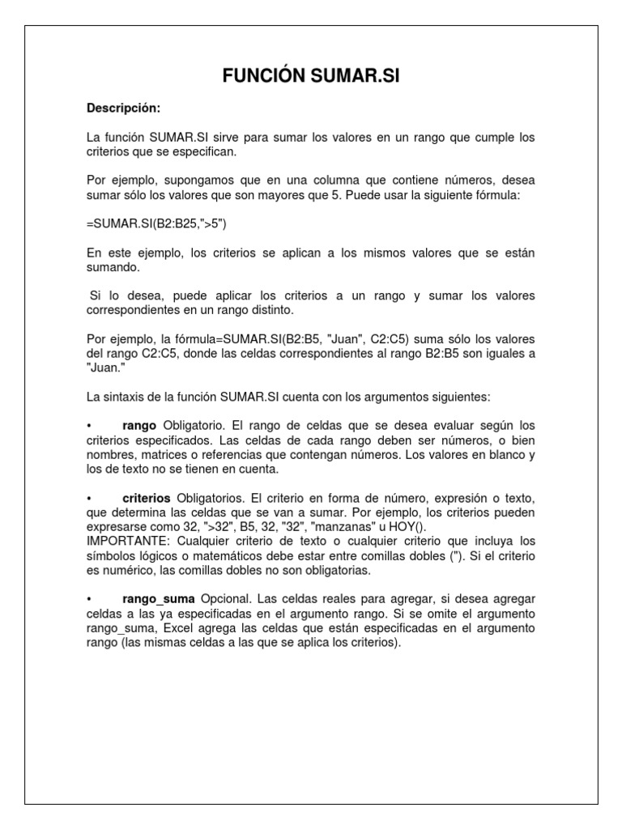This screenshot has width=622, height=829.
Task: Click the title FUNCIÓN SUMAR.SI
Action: click(311, 77)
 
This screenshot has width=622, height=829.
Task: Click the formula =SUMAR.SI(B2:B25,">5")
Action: click(151, 223)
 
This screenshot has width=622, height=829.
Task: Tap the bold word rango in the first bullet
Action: click(139, 425)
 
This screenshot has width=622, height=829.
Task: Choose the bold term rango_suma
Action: click(159, 598)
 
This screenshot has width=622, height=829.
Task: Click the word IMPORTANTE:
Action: click(125, 541)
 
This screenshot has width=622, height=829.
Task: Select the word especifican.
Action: click(204, 151)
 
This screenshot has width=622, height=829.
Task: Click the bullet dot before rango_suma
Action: click(88, 599)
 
